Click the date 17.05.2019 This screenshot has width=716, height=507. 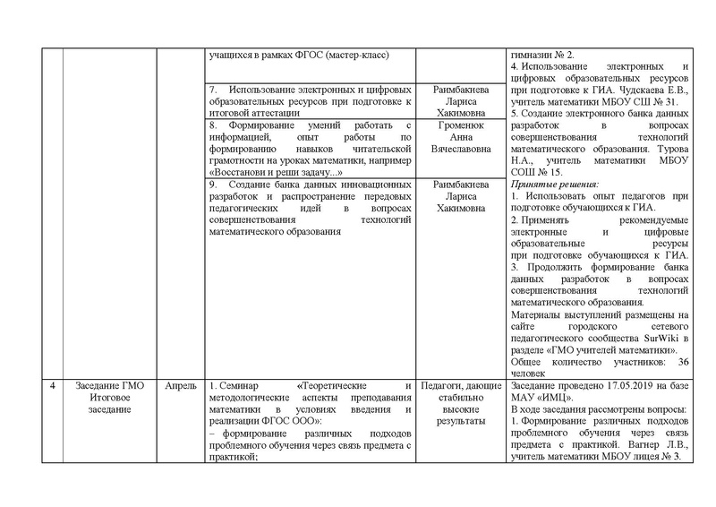coord(608,386)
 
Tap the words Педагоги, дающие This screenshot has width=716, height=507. coord(460,386)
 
